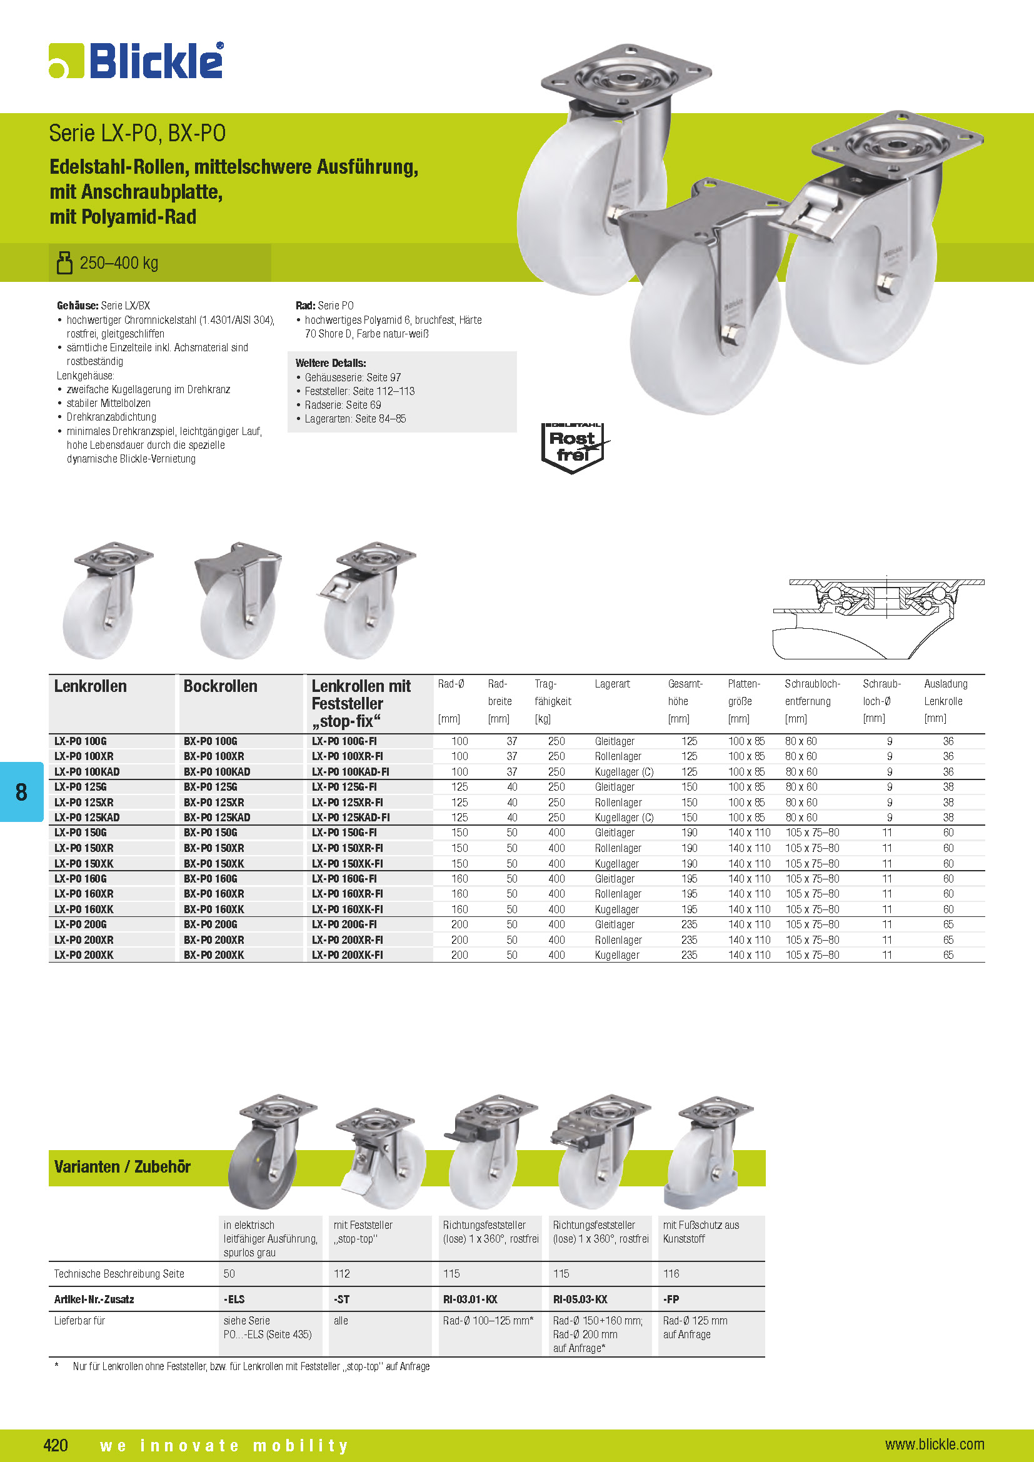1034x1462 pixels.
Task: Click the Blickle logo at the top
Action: pos(136,61)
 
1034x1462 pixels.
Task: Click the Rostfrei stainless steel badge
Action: pos(573,448)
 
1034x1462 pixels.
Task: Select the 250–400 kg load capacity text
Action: pos(118,263)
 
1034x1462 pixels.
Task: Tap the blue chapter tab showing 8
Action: pos(22,791)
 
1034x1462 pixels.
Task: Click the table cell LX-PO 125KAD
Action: pos(88,818)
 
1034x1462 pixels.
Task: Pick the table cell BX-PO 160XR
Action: pos(214,894)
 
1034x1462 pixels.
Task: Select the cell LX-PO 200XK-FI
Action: pos(348,955)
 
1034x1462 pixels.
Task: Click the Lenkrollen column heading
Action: pos(91,686)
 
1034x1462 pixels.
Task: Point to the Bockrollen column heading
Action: pos(220,686)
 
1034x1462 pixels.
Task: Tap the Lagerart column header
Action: pos(612,684)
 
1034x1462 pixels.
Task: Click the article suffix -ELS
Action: pos(234,1299)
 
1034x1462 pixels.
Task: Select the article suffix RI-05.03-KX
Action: pos(580,1299)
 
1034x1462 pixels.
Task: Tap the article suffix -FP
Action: pos(671,1299)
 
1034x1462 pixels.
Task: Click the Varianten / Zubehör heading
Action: pos(123,1167)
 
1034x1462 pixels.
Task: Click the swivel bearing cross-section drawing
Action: pos(878,618)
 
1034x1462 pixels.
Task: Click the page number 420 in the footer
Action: pos(56,1444)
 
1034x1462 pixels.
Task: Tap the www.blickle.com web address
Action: pos(934,1444)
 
